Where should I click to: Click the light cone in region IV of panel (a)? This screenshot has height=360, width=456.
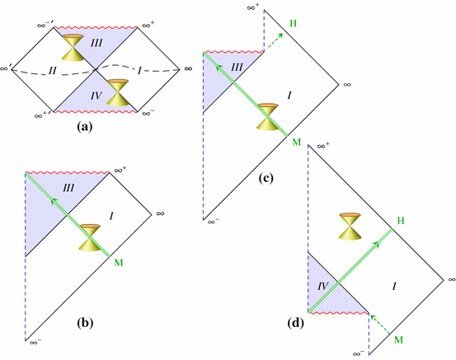(x=120, y=92)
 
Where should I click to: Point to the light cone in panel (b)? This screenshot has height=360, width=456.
(x=88, y=236)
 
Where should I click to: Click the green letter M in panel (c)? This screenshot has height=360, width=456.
(x=296, y=143)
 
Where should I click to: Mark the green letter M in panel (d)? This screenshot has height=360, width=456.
(x=400, y=339)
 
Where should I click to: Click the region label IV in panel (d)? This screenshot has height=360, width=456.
(x=324, y=286)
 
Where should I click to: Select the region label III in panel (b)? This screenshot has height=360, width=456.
(x=68, y=189)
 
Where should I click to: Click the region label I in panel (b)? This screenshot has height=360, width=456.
(x=111, y=215)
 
